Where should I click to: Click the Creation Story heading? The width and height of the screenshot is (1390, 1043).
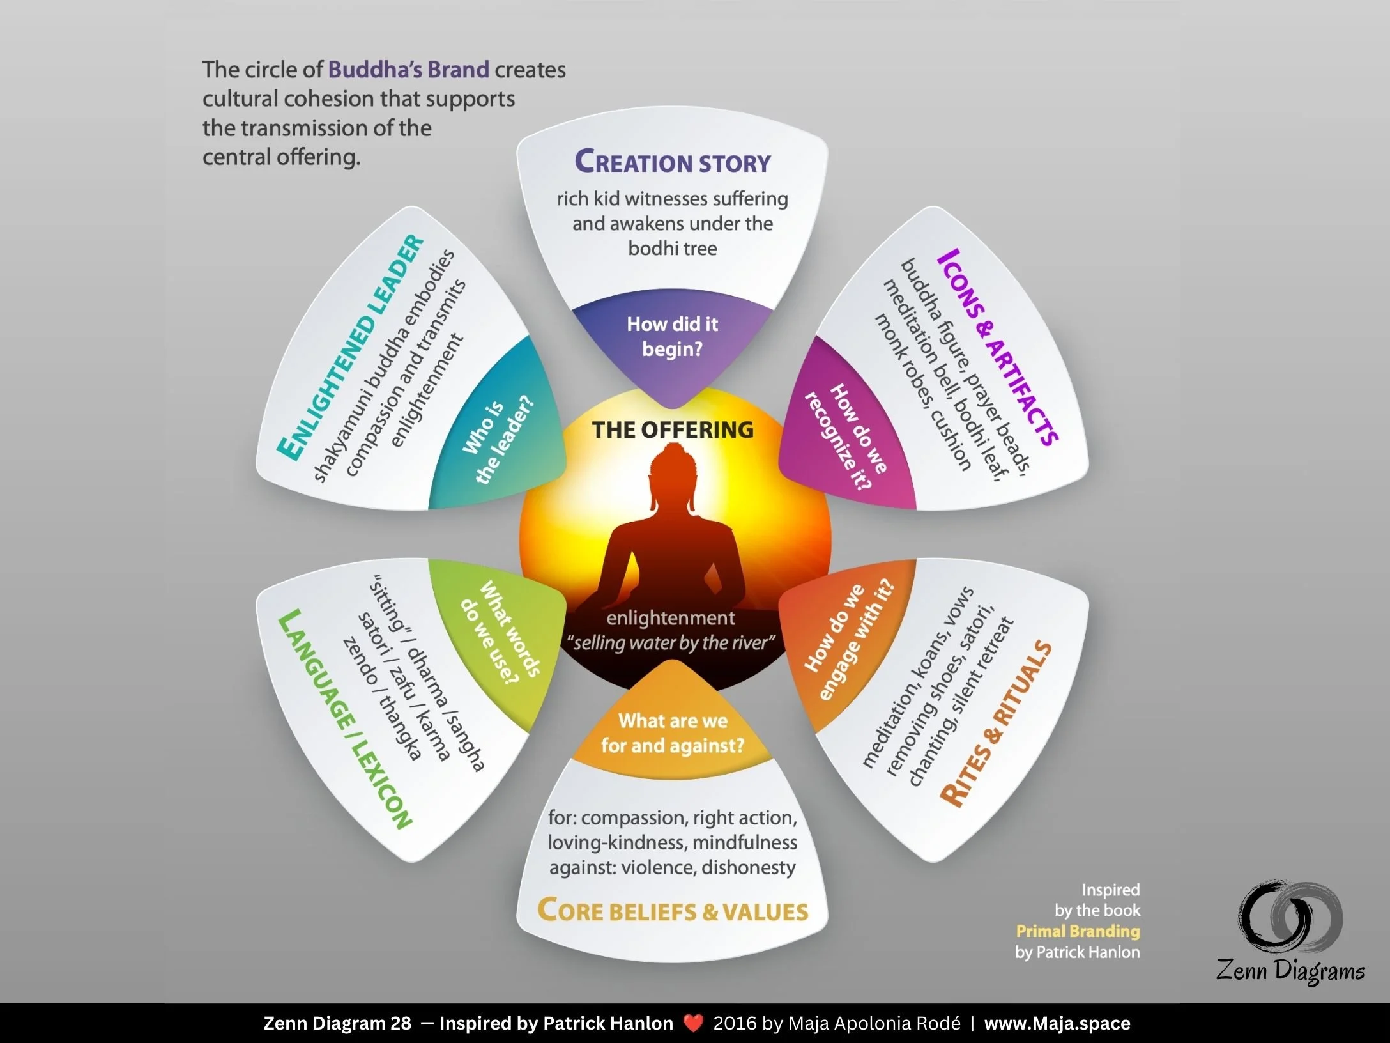pos(673,161)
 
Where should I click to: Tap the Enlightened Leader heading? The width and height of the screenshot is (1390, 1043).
pos(351,348)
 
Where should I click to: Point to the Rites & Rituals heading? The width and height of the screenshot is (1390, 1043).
pos(996,723)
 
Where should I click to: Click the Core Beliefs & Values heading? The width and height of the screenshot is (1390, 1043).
pos(673,910)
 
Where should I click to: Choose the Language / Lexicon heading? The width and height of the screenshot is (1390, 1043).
pos(346,719)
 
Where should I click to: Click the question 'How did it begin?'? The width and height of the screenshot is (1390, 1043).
pos(673,336)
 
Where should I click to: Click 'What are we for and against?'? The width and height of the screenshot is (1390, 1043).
pos(673,733)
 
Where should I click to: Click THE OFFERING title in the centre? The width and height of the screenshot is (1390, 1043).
pos(673,429)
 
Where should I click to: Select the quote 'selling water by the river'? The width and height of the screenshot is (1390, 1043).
pos(671,642)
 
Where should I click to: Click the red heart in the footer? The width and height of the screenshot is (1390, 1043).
pos(693,1023)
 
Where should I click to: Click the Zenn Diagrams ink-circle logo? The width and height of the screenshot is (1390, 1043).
pos(1290,916)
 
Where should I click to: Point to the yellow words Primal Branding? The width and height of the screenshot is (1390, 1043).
pos(1078,931)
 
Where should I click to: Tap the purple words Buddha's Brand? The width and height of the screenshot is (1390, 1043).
pos(409,69)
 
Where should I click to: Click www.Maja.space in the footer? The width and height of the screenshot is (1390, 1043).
pos(1057,1023)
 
